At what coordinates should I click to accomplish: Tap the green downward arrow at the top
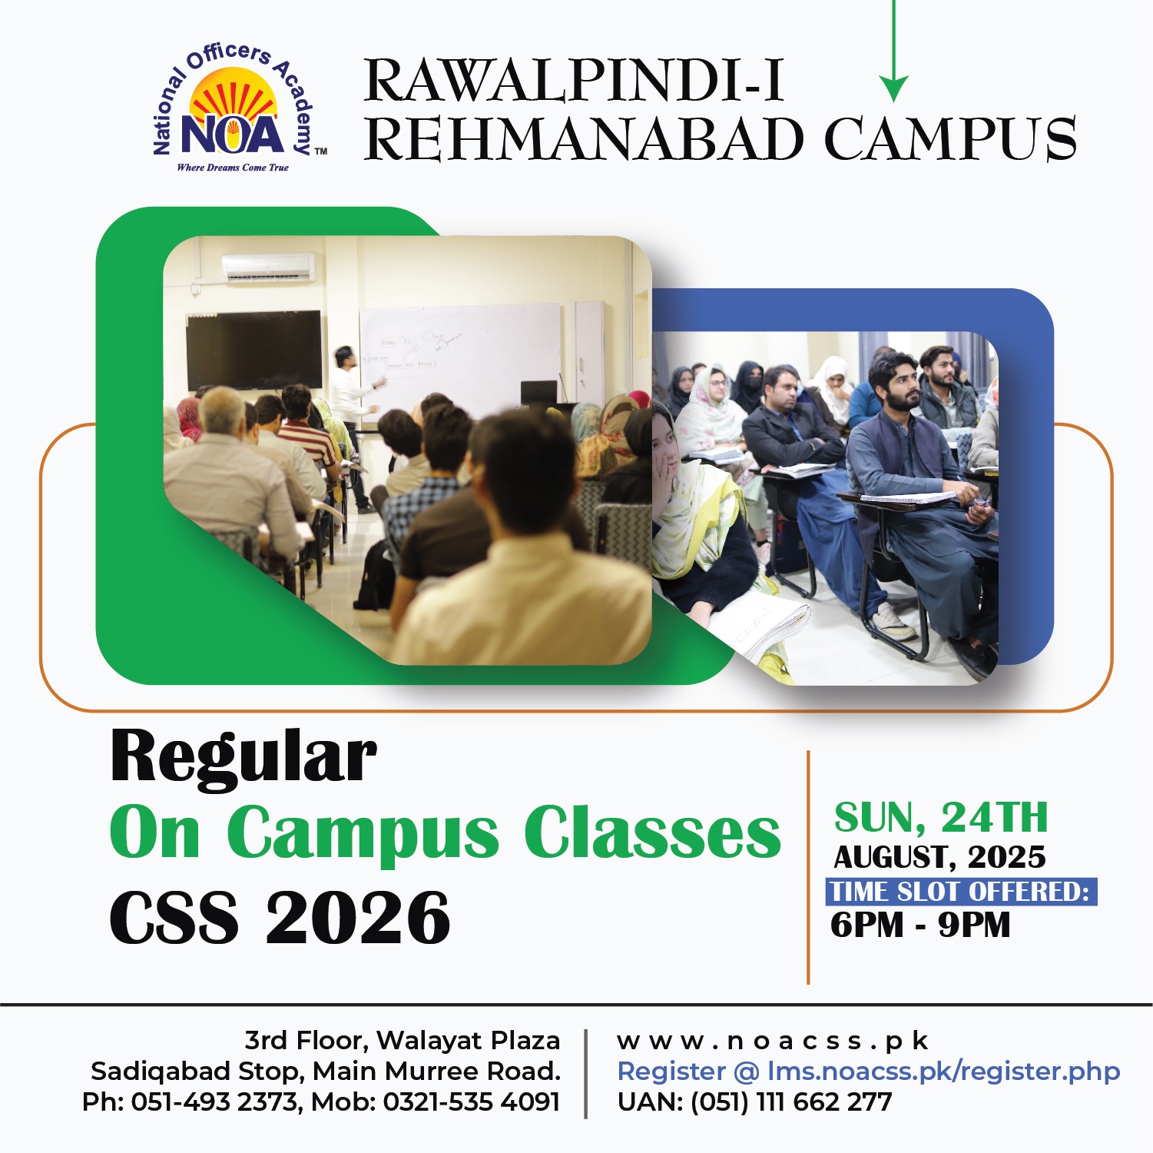(893, 51)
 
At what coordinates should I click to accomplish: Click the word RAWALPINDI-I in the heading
(574, 80)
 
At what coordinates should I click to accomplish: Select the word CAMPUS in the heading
(950, 139)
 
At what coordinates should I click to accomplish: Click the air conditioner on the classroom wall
(268, 267)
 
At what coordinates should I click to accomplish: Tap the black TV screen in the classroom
(254, 349)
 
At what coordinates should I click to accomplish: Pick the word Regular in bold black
(244, 756)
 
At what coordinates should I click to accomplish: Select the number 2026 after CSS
(358, 918)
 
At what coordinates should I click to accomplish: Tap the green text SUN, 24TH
(941, 817)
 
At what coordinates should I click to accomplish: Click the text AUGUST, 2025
(940, 857)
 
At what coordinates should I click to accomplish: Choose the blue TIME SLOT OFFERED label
(961, 892)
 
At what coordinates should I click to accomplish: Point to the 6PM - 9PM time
(920, 925)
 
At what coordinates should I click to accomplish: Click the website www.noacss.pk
(773, 1041)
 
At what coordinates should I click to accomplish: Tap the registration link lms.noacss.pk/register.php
(944, 1072)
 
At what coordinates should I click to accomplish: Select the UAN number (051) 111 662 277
(791, 1102)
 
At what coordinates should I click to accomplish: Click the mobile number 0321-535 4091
(472, 1102)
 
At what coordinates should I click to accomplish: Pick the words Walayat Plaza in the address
(469, 1041)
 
